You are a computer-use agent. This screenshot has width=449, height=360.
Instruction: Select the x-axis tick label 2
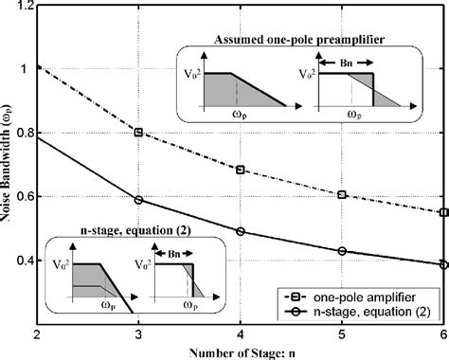pos(36,333)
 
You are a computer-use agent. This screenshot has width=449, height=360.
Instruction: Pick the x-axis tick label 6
pos(442,333)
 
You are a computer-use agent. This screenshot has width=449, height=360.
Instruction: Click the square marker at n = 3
pos(138,133)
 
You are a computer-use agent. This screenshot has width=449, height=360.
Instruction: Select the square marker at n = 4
pos(241,171)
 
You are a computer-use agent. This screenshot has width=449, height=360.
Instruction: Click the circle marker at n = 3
pos(138,200)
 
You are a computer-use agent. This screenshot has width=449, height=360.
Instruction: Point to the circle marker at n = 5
pos(342,251)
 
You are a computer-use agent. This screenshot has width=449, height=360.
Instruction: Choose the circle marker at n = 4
pos(241,231)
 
